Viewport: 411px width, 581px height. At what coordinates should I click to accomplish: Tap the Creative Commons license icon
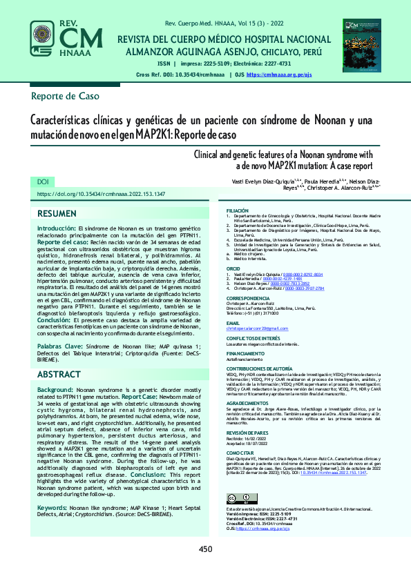pyautogui.click(x=238, y=500)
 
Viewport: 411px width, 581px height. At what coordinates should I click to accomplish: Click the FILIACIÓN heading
pyautogui.click(x=238, y=210)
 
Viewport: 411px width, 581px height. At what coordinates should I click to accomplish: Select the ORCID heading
pyautogui.click(x=233, y=269)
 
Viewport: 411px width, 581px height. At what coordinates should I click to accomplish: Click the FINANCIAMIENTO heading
pyautogui.click(x=246, y=353)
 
